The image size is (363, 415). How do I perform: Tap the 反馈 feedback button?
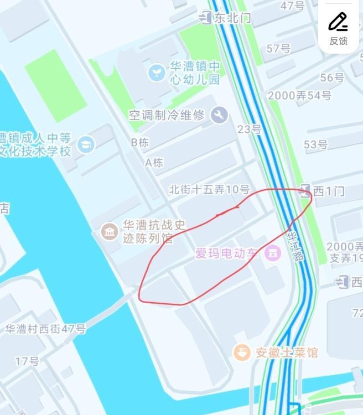coord(339,28)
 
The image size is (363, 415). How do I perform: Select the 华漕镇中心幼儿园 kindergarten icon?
coord(157,72)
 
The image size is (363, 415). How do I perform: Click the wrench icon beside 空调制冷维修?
coord(219,115)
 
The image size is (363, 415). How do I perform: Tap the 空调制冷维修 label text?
coord(167,115)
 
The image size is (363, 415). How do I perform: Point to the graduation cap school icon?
coord(86,144)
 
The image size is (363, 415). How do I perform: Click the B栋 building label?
coord(140,142)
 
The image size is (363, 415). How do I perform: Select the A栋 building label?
coord(154,162)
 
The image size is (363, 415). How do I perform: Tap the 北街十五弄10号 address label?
coord(209,190)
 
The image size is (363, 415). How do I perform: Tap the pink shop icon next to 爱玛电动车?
coord(271,254)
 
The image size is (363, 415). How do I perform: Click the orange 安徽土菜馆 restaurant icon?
coord(241,352)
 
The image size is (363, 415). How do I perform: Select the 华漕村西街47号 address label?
coord(45,329)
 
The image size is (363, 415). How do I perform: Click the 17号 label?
coord(27,361)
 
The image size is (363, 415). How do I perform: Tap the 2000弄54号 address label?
coord(299,95)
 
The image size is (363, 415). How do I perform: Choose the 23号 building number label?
coord(249,129)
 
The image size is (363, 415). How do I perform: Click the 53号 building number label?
coord(315,144)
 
